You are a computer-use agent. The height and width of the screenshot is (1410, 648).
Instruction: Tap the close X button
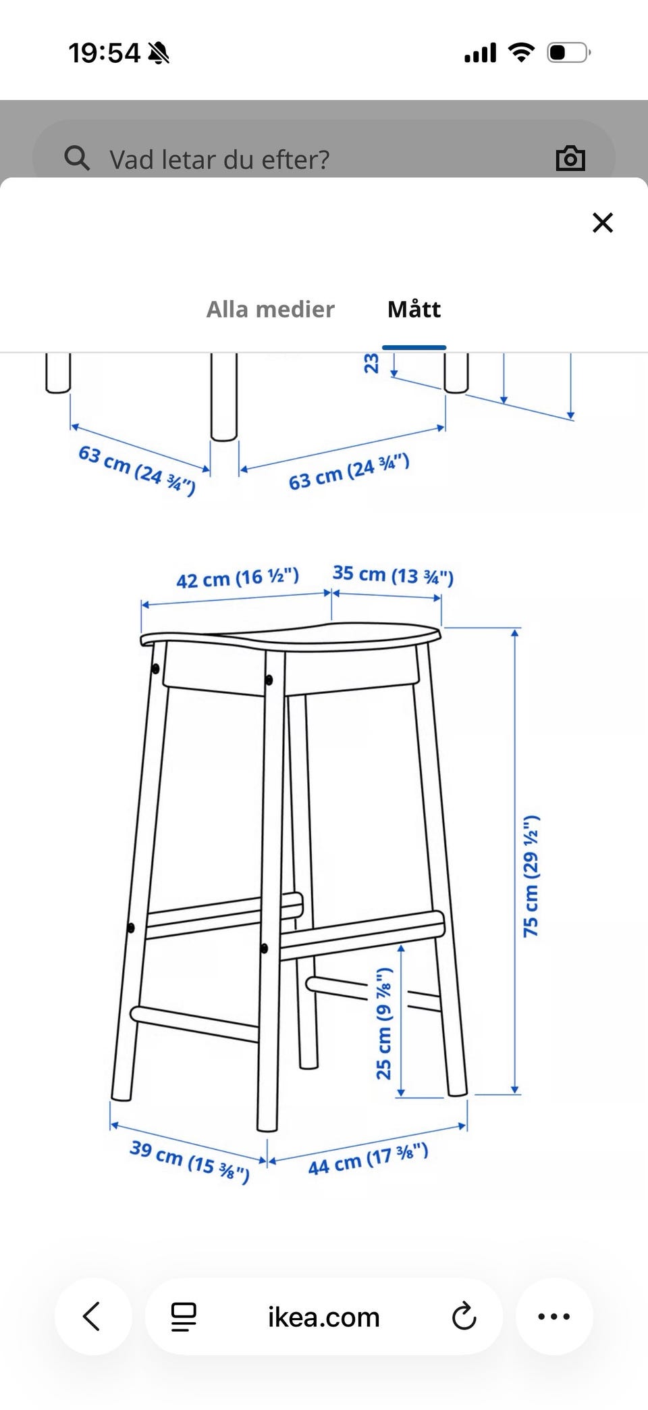602,222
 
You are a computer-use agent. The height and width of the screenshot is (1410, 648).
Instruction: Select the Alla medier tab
270,309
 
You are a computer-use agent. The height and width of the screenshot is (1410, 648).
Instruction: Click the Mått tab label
414,309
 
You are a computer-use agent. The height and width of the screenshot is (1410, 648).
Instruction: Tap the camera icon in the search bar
570,158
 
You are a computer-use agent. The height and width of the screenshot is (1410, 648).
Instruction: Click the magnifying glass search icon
76,158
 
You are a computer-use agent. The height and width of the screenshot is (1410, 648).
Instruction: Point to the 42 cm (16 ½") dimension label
238,578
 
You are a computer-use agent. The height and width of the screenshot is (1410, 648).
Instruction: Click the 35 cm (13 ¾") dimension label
393,575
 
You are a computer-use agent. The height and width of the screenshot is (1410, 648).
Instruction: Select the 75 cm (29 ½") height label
531,876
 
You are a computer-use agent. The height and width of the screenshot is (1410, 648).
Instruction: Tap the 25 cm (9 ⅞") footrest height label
384,1023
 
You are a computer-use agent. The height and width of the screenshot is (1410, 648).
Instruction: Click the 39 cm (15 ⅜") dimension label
190,1161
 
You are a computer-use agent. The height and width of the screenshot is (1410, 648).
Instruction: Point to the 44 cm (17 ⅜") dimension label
368,1159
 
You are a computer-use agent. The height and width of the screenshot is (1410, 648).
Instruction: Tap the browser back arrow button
92,1316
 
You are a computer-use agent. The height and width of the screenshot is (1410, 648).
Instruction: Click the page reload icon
464,1316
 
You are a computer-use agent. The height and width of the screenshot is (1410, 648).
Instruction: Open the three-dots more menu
554,1316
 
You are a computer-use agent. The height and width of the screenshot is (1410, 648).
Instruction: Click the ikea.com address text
324,1317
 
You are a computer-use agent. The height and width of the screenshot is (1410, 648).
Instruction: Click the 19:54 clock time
104,53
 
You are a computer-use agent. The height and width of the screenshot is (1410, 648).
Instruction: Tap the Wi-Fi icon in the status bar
520,52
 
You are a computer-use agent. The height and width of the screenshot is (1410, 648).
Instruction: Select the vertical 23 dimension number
371,363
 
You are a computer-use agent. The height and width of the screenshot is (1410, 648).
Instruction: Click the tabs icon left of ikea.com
184,1316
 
